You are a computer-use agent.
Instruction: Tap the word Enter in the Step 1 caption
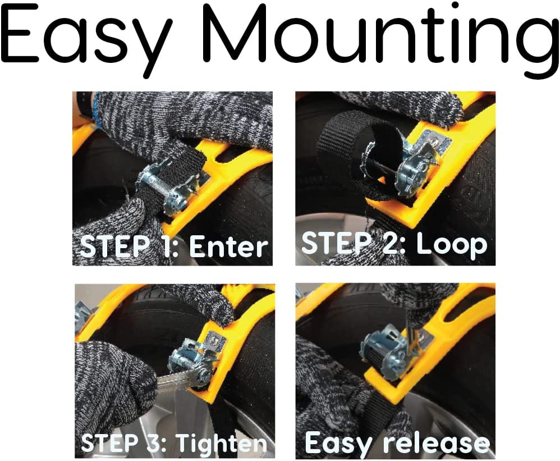[x=228, y=247]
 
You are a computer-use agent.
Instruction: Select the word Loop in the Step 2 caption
[x=452, y=245]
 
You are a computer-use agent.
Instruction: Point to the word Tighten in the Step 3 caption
[x=222, y=442]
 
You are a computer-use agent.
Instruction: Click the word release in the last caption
[x=436, y=443]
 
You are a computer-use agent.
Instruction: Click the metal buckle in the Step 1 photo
[x=168, y=184]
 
